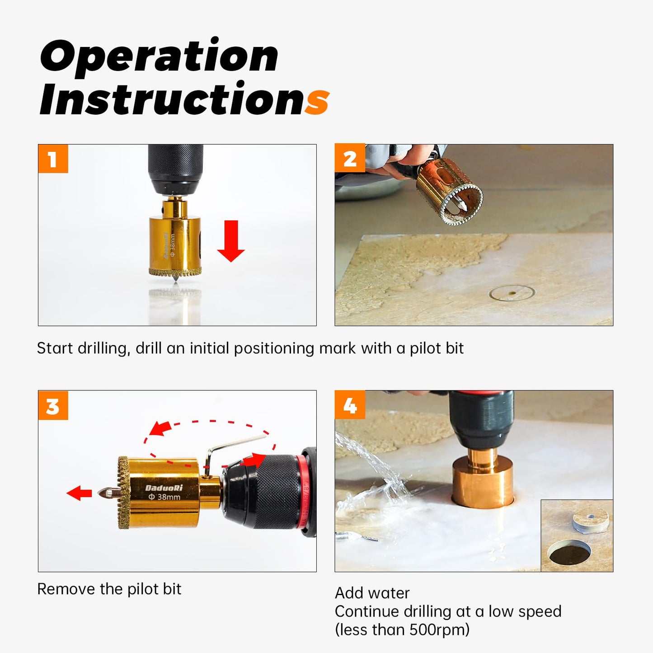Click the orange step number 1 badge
[x=53, y=159]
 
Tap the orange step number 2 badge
[x=350, y=159]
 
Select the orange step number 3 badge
[x=53, y=405]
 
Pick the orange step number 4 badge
[x=350, y=405]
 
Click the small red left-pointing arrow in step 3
[x=79, y=493]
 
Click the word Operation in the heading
[x=159, y=56]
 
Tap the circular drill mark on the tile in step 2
[x=512, y=293]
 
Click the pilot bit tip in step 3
[x=102, y=493]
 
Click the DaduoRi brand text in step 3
[x=164, y=488]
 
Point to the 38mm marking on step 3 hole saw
[x=164, y=497]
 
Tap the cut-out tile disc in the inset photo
[x=590, y=520]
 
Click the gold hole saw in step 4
[x=483, y=482]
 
